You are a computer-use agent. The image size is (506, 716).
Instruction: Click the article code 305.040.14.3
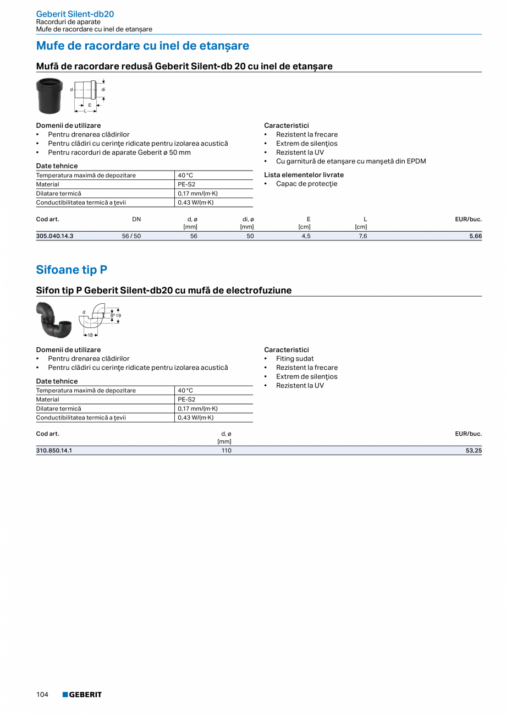pos(54,236)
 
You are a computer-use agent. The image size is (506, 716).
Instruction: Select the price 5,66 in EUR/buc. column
pos(476,236)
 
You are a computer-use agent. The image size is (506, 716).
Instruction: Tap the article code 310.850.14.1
pos(54,451)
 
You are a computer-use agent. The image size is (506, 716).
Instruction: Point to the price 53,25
pos(474,451)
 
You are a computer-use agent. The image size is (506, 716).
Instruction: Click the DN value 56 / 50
pos(131,236)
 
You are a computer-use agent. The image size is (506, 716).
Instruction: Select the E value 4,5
pos(306,236)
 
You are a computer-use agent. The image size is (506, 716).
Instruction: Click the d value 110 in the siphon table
pos(227,451)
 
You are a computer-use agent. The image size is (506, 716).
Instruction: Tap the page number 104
pos(42,695)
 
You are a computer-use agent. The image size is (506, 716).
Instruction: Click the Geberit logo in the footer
pos(82,695)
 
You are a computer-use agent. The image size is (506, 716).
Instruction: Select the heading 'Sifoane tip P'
pos(71,270)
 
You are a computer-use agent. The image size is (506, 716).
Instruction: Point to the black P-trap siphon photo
pos(53,319)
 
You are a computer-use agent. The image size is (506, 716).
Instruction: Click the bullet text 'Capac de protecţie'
pos(306,184)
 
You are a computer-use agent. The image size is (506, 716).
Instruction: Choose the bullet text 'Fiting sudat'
pos(295,359)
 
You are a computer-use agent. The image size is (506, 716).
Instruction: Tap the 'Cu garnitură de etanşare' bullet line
pos(351,161)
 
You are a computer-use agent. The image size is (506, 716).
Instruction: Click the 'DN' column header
pos(136,219)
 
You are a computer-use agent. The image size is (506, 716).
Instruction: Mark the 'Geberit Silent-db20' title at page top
pos(75,14)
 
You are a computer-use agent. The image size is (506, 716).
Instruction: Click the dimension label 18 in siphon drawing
pos(90,335)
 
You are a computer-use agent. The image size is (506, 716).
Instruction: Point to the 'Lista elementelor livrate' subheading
pos(304,175)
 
